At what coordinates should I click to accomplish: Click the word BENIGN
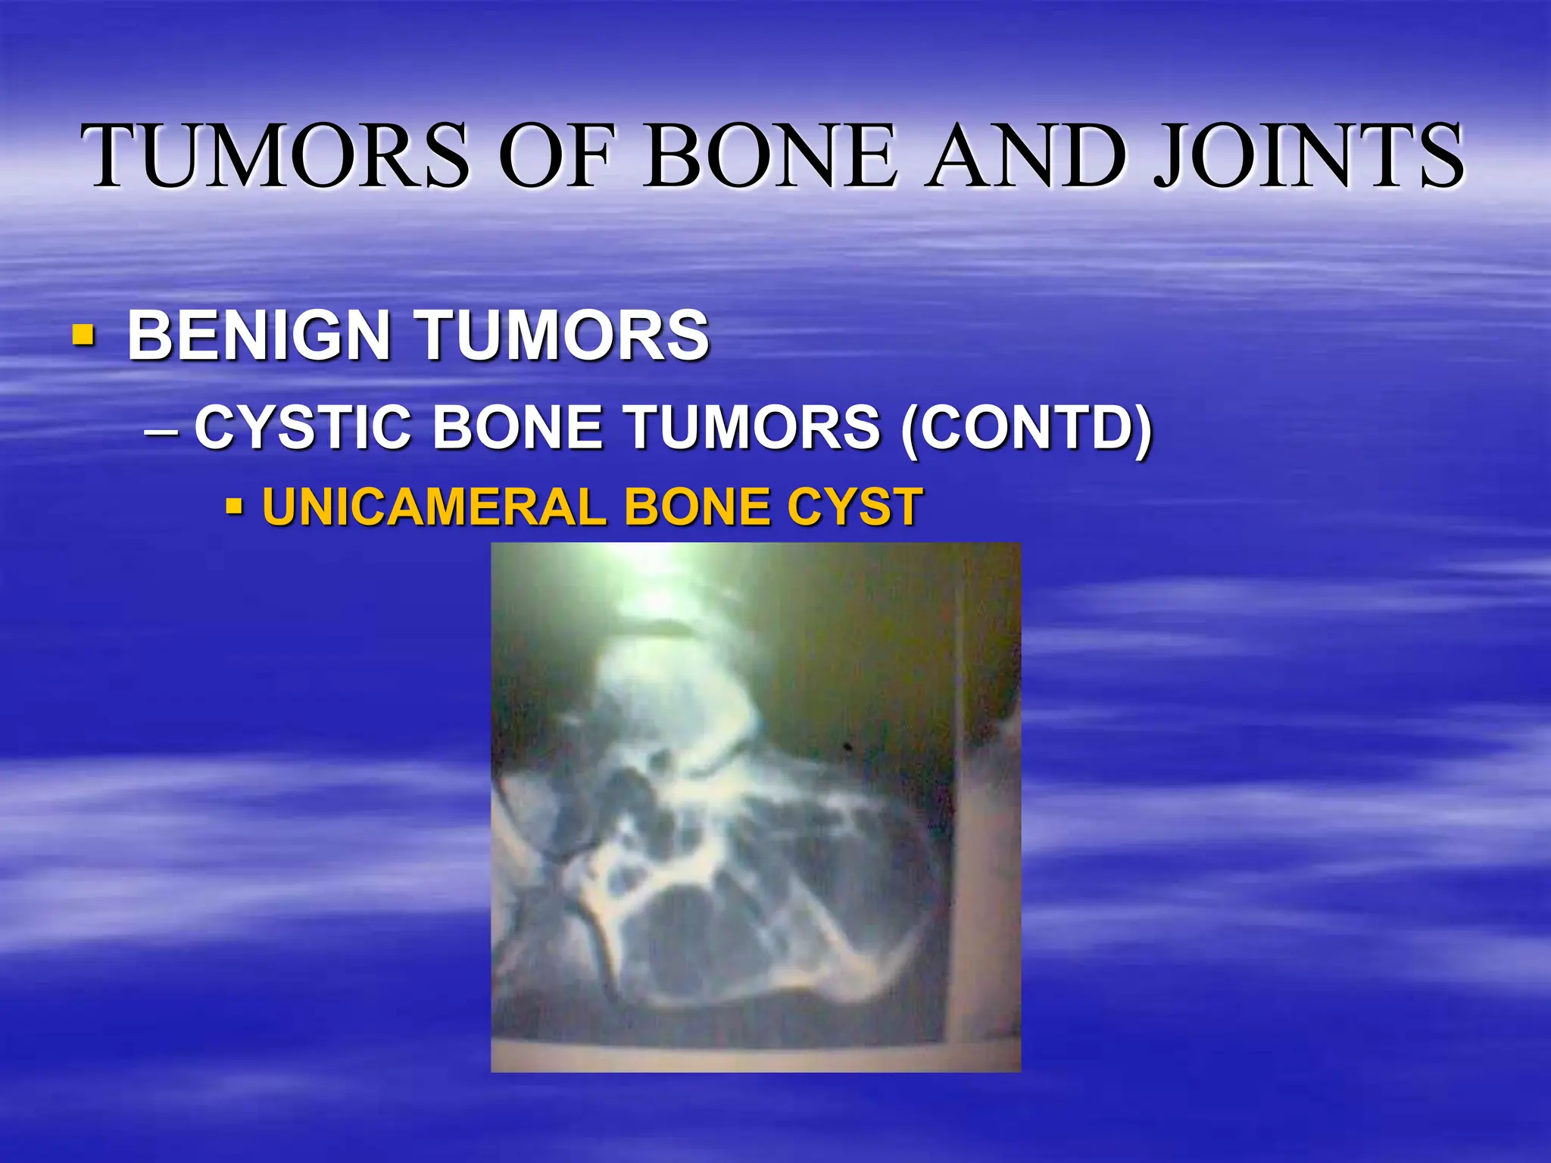tap(258, 335)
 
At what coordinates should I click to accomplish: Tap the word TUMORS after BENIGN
tap(564, 335)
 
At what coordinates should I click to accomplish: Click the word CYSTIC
tap(303, 428)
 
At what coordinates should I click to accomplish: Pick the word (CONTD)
tap(1027, 428)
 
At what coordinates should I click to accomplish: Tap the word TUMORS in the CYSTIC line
tap(754, 428)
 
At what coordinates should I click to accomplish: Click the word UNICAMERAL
tap(434, 507)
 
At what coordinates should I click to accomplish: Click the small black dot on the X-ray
tap(848, 747)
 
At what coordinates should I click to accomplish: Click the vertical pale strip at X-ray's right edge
tap(985, 871)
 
